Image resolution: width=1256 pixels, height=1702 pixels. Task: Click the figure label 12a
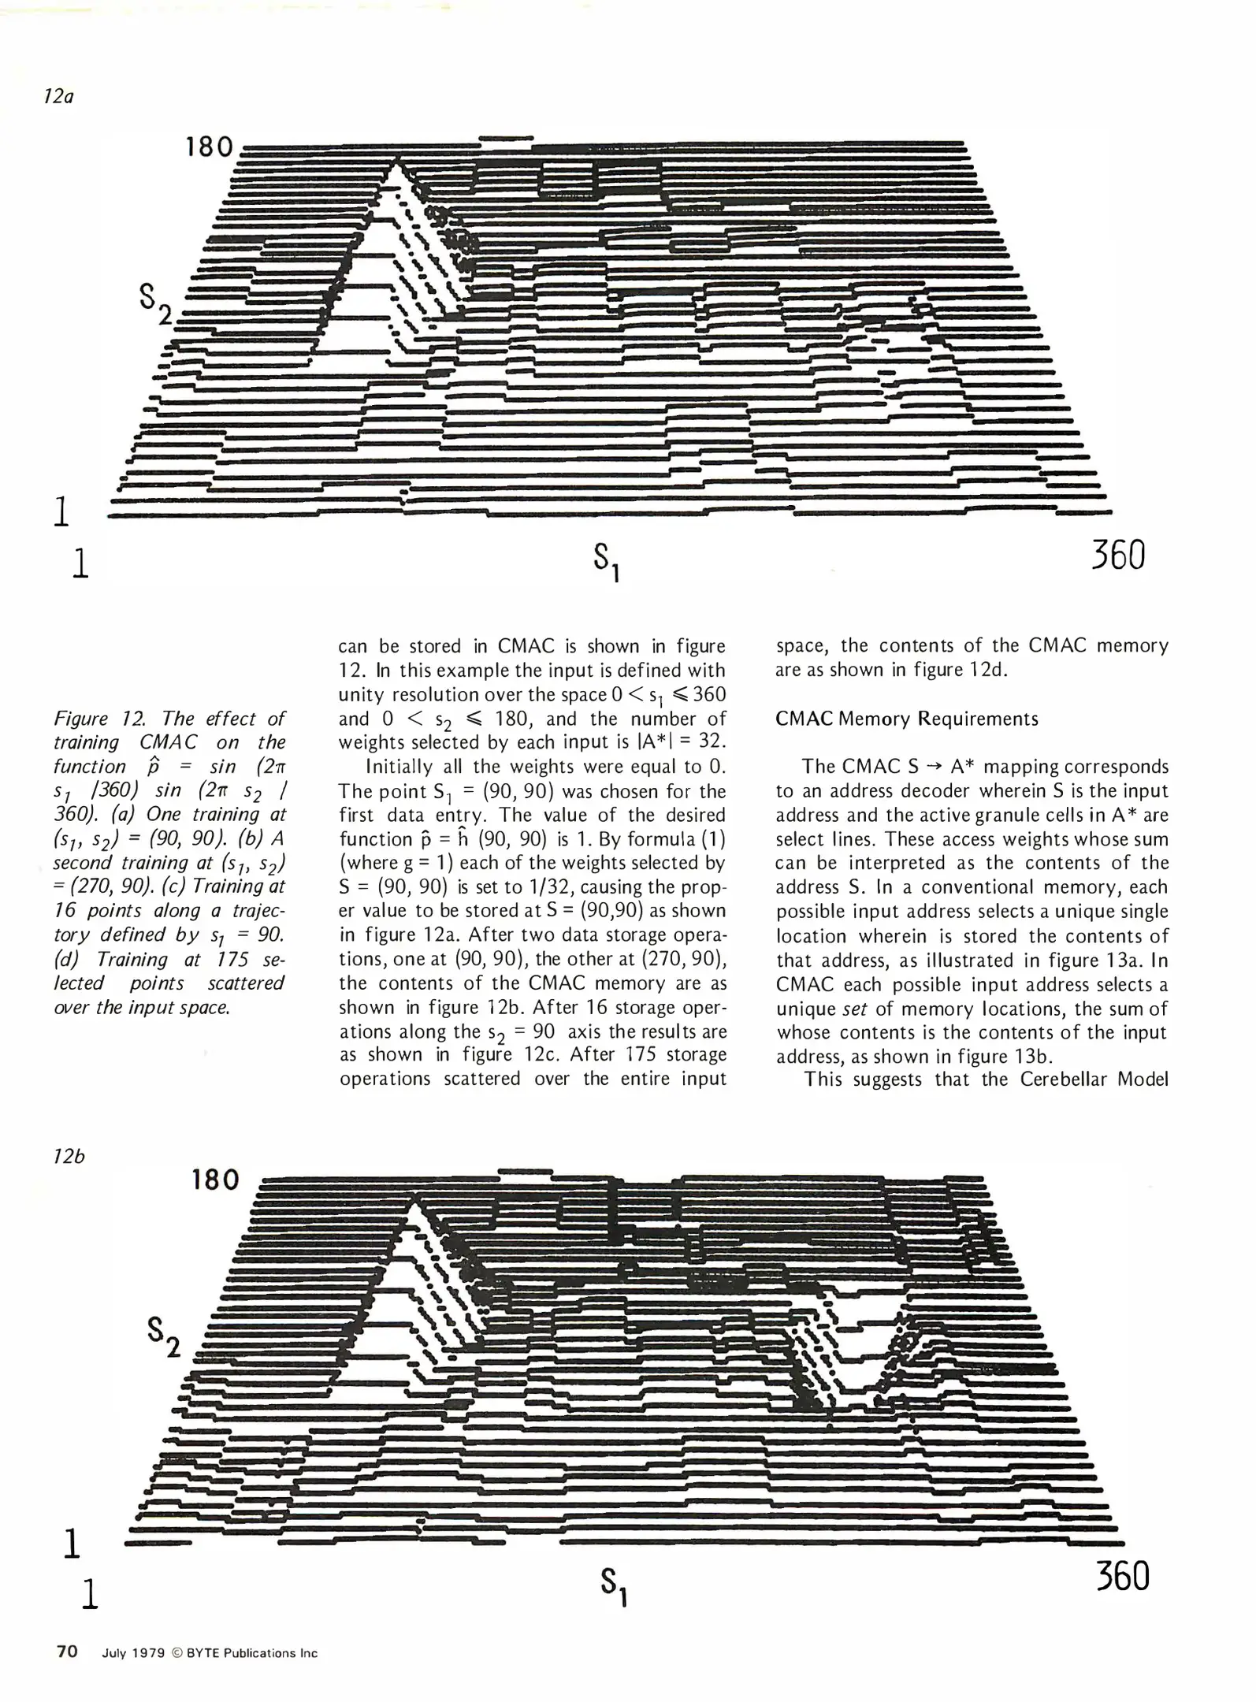point(59,98)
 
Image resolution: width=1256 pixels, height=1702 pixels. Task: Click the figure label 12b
point(69,1157)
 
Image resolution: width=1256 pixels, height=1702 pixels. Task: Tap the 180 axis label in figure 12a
point(210,147)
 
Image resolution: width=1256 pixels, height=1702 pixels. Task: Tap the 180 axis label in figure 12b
point(215,1180)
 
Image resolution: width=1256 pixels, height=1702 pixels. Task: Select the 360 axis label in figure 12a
point(1118,556)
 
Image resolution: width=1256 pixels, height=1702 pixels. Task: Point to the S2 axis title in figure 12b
point(164,1337)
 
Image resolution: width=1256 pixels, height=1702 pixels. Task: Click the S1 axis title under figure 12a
point(607,562)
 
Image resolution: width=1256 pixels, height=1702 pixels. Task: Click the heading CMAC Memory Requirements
point(907,719)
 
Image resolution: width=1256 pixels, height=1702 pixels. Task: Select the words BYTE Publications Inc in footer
point(252,1653)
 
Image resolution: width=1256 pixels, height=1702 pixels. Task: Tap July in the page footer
point(115,1653)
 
